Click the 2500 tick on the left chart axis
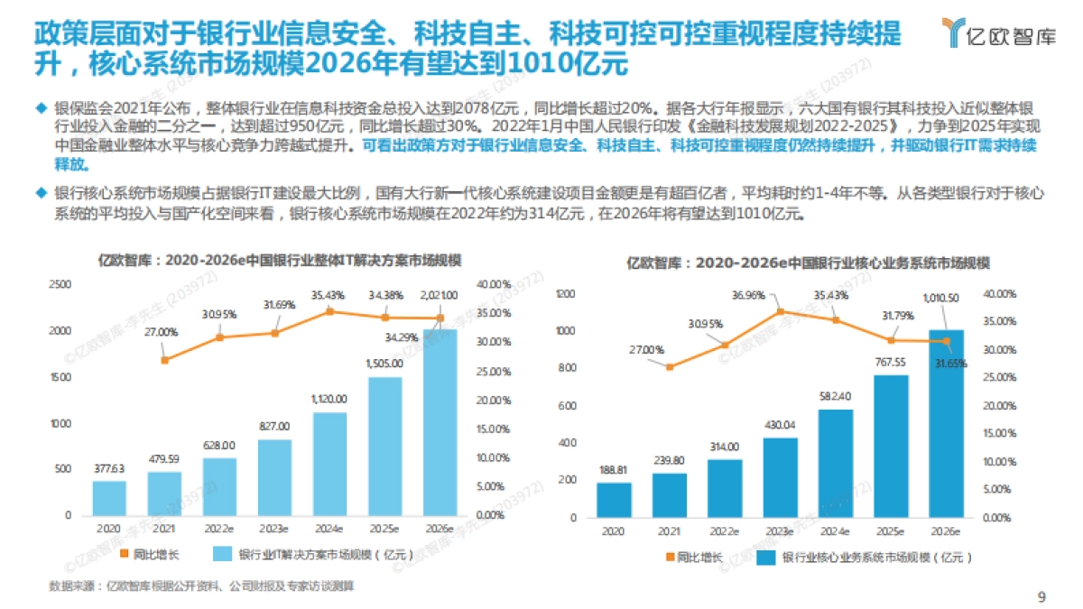pyautogui.click(x=60, y=284)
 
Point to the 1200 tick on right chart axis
pyautogui.click(x=566, y=294)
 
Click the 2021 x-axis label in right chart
pyautogui.click(x=669, y=531)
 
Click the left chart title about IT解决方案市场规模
pyautogui.click(x=280, y=260)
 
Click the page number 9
pyautogui.click(x=1041, y=595)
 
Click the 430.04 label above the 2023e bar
pyautogui.click(x=781, y=424)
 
